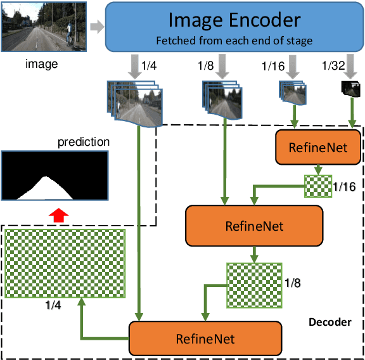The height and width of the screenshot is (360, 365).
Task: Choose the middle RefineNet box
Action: (x=254, y=225)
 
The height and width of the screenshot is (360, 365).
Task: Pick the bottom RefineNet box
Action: (x=205, y=339)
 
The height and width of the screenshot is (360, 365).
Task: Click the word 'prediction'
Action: (x=84, y=141)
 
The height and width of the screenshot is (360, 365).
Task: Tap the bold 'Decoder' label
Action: (x=330, y=322)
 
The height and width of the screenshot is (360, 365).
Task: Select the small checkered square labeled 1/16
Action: (x=318, y=185)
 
